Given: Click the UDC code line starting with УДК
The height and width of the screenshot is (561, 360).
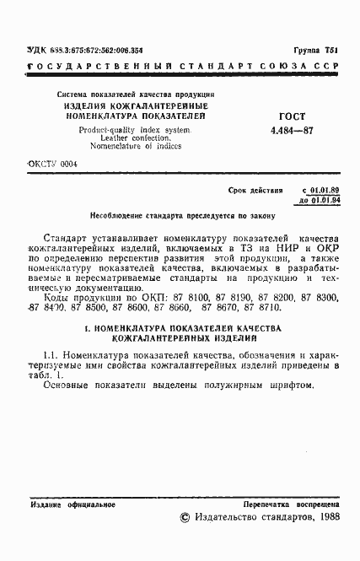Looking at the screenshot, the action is [x=84, y=51].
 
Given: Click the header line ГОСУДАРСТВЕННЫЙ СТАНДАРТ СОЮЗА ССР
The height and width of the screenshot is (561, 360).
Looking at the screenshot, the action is [x=180, y=67].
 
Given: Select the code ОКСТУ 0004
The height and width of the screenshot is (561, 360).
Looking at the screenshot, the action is [x=53, y=165].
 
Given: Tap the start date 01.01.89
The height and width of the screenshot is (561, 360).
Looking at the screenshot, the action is [x=325, y=192].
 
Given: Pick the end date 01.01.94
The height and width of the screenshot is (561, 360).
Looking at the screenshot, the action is [x=325, y=202].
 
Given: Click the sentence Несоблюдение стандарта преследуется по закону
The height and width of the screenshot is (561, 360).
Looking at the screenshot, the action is [x=180, y=216].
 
